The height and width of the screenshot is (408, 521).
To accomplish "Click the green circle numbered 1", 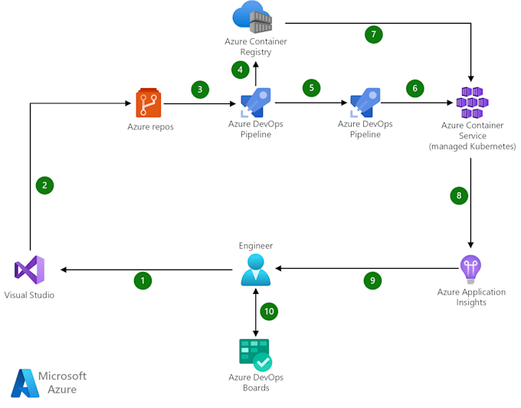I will click(142, 281).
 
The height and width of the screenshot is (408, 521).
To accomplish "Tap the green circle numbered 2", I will click(44, 184).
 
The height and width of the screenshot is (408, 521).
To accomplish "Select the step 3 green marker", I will click(200, 90).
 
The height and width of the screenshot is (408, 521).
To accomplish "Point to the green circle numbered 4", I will click(241, 69).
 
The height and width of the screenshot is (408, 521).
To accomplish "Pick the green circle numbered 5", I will click(310, 87).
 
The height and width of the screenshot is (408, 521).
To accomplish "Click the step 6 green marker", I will click(415, 88).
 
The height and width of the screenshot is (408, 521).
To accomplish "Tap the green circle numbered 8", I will click(458, 195).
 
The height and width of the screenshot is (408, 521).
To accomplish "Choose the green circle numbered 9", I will click(372, 280).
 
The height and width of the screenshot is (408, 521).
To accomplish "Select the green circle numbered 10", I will click(268, 312).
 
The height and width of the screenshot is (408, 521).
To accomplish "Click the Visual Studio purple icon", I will click(29, 269).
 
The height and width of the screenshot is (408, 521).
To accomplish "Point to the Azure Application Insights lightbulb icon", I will click(470, 269).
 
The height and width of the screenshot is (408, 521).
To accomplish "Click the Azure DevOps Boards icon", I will click(255, 354).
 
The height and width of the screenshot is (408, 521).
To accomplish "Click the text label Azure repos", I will click(150, 126).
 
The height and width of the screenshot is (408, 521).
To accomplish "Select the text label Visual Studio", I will click(30, 295).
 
